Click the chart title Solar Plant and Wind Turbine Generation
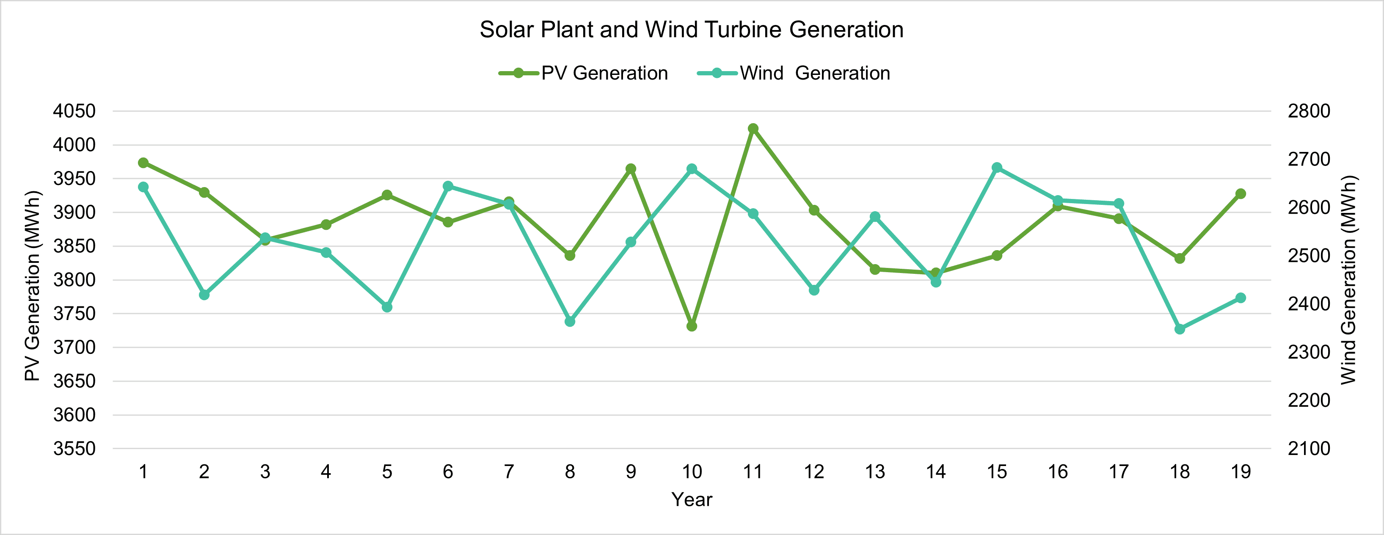click(692, 30)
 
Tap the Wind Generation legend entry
click(794, 73)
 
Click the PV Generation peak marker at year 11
click(753, 128)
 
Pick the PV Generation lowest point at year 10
click(692, 326)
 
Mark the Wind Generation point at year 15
click(997, 168)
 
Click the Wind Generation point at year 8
click(570, 321)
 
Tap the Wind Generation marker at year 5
click(387, 307)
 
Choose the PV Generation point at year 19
click(1241, 194)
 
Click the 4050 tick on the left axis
click(74, 111)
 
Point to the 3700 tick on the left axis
click(74, 347)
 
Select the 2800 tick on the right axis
click(1309, 111)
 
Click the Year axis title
click(692, 499)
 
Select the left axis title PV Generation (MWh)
click(32, 285)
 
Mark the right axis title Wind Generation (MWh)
click(1348, 280)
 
